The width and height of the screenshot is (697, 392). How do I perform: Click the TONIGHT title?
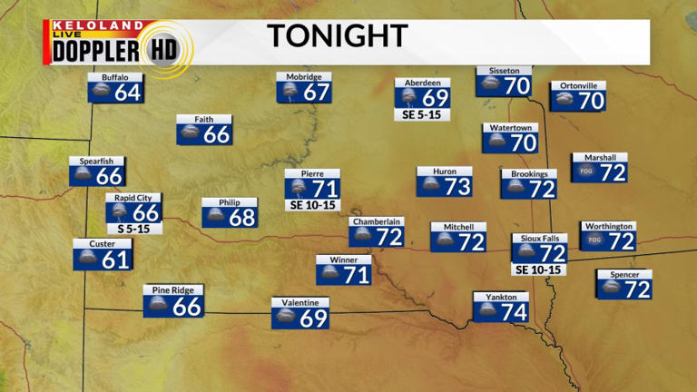click(337, 36)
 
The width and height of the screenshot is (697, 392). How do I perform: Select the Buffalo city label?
click(114, 77)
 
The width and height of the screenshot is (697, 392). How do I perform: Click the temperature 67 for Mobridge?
click(316, 93)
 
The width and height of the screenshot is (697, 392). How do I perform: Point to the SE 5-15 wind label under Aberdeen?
click(423, 115)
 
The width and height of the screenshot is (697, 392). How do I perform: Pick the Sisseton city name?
click(504, 71)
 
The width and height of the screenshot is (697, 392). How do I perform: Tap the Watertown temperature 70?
click(523, 142)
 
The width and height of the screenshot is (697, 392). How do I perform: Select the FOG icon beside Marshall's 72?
click(586, 172)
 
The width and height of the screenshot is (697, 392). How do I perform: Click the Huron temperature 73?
click(457, 186)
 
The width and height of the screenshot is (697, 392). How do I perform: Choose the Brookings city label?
click(529, 173)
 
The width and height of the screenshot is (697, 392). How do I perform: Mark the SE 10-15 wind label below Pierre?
click(312, 205)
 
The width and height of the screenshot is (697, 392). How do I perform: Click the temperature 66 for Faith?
click(217, 134)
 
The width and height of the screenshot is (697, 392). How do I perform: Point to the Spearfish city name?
click(97, 162)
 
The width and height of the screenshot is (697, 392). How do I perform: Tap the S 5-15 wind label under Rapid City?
click(133, 229)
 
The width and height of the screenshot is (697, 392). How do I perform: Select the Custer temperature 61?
click(115, 260)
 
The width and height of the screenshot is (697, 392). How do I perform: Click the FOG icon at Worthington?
click(595, 240)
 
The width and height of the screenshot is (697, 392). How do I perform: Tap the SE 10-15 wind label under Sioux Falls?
click(539, 269)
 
